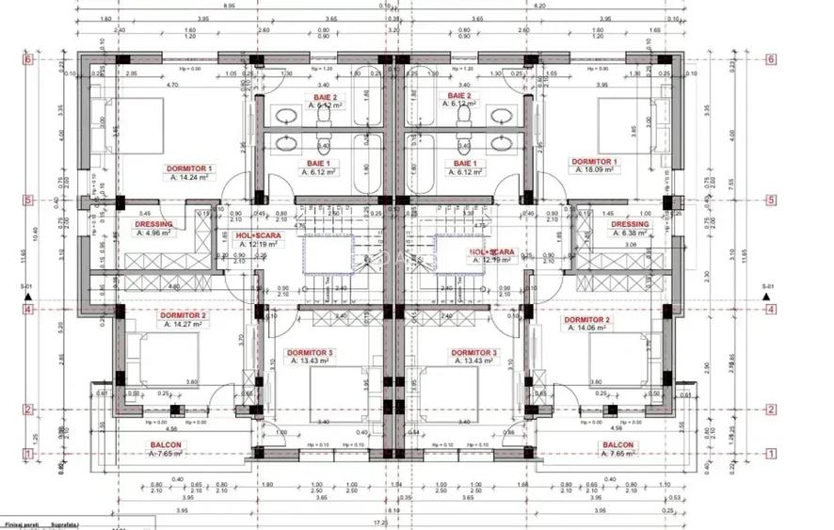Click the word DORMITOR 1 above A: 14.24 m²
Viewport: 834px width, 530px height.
pos(189,169)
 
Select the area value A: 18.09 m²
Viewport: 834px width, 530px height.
pos(595,173)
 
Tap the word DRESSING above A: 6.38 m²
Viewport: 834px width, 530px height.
pos(630,224)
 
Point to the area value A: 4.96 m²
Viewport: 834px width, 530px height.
pos(154,233)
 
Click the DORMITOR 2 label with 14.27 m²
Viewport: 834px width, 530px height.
pos(184,314)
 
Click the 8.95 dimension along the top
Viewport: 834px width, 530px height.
pos(229,6)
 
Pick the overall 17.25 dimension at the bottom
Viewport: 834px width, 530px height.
pos(381,521)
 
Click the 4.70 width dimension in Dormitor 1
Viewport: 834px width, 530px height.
pos(172,86)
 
